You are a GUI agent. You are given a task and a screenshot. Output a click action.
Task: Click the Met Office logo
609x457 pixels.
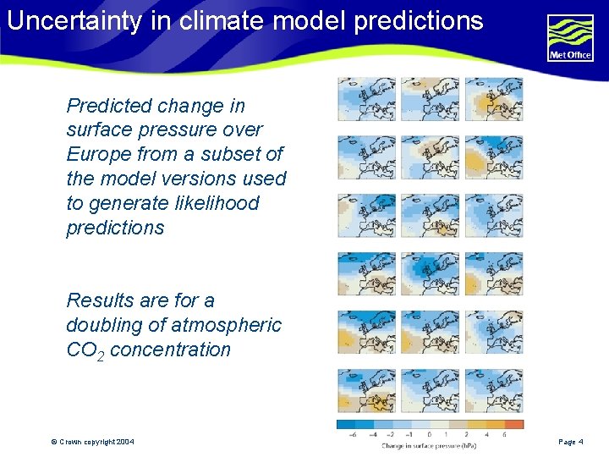570,38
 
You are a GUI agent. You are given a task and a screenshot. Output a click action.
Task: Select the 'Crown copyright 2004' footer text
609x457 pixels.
92,442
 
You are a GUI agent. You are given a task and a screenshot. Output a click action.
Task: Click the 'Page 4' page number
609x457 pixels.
571,442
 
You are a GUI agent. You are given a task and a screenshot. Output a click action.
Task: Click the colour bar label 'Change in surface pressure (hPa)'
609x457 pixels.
430,446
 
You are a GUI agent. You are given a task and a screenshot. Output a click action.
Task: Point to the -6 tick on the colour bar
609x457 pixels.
351,435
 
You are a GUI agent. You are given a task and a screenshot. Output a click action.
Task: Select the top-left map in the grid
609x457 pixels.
366,99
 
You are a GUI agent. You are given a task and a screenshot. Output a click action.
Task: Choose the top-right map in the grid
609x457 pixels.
493,99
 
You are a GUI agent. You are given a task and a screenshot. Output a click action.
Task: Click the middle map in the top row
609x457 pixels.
430,99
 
